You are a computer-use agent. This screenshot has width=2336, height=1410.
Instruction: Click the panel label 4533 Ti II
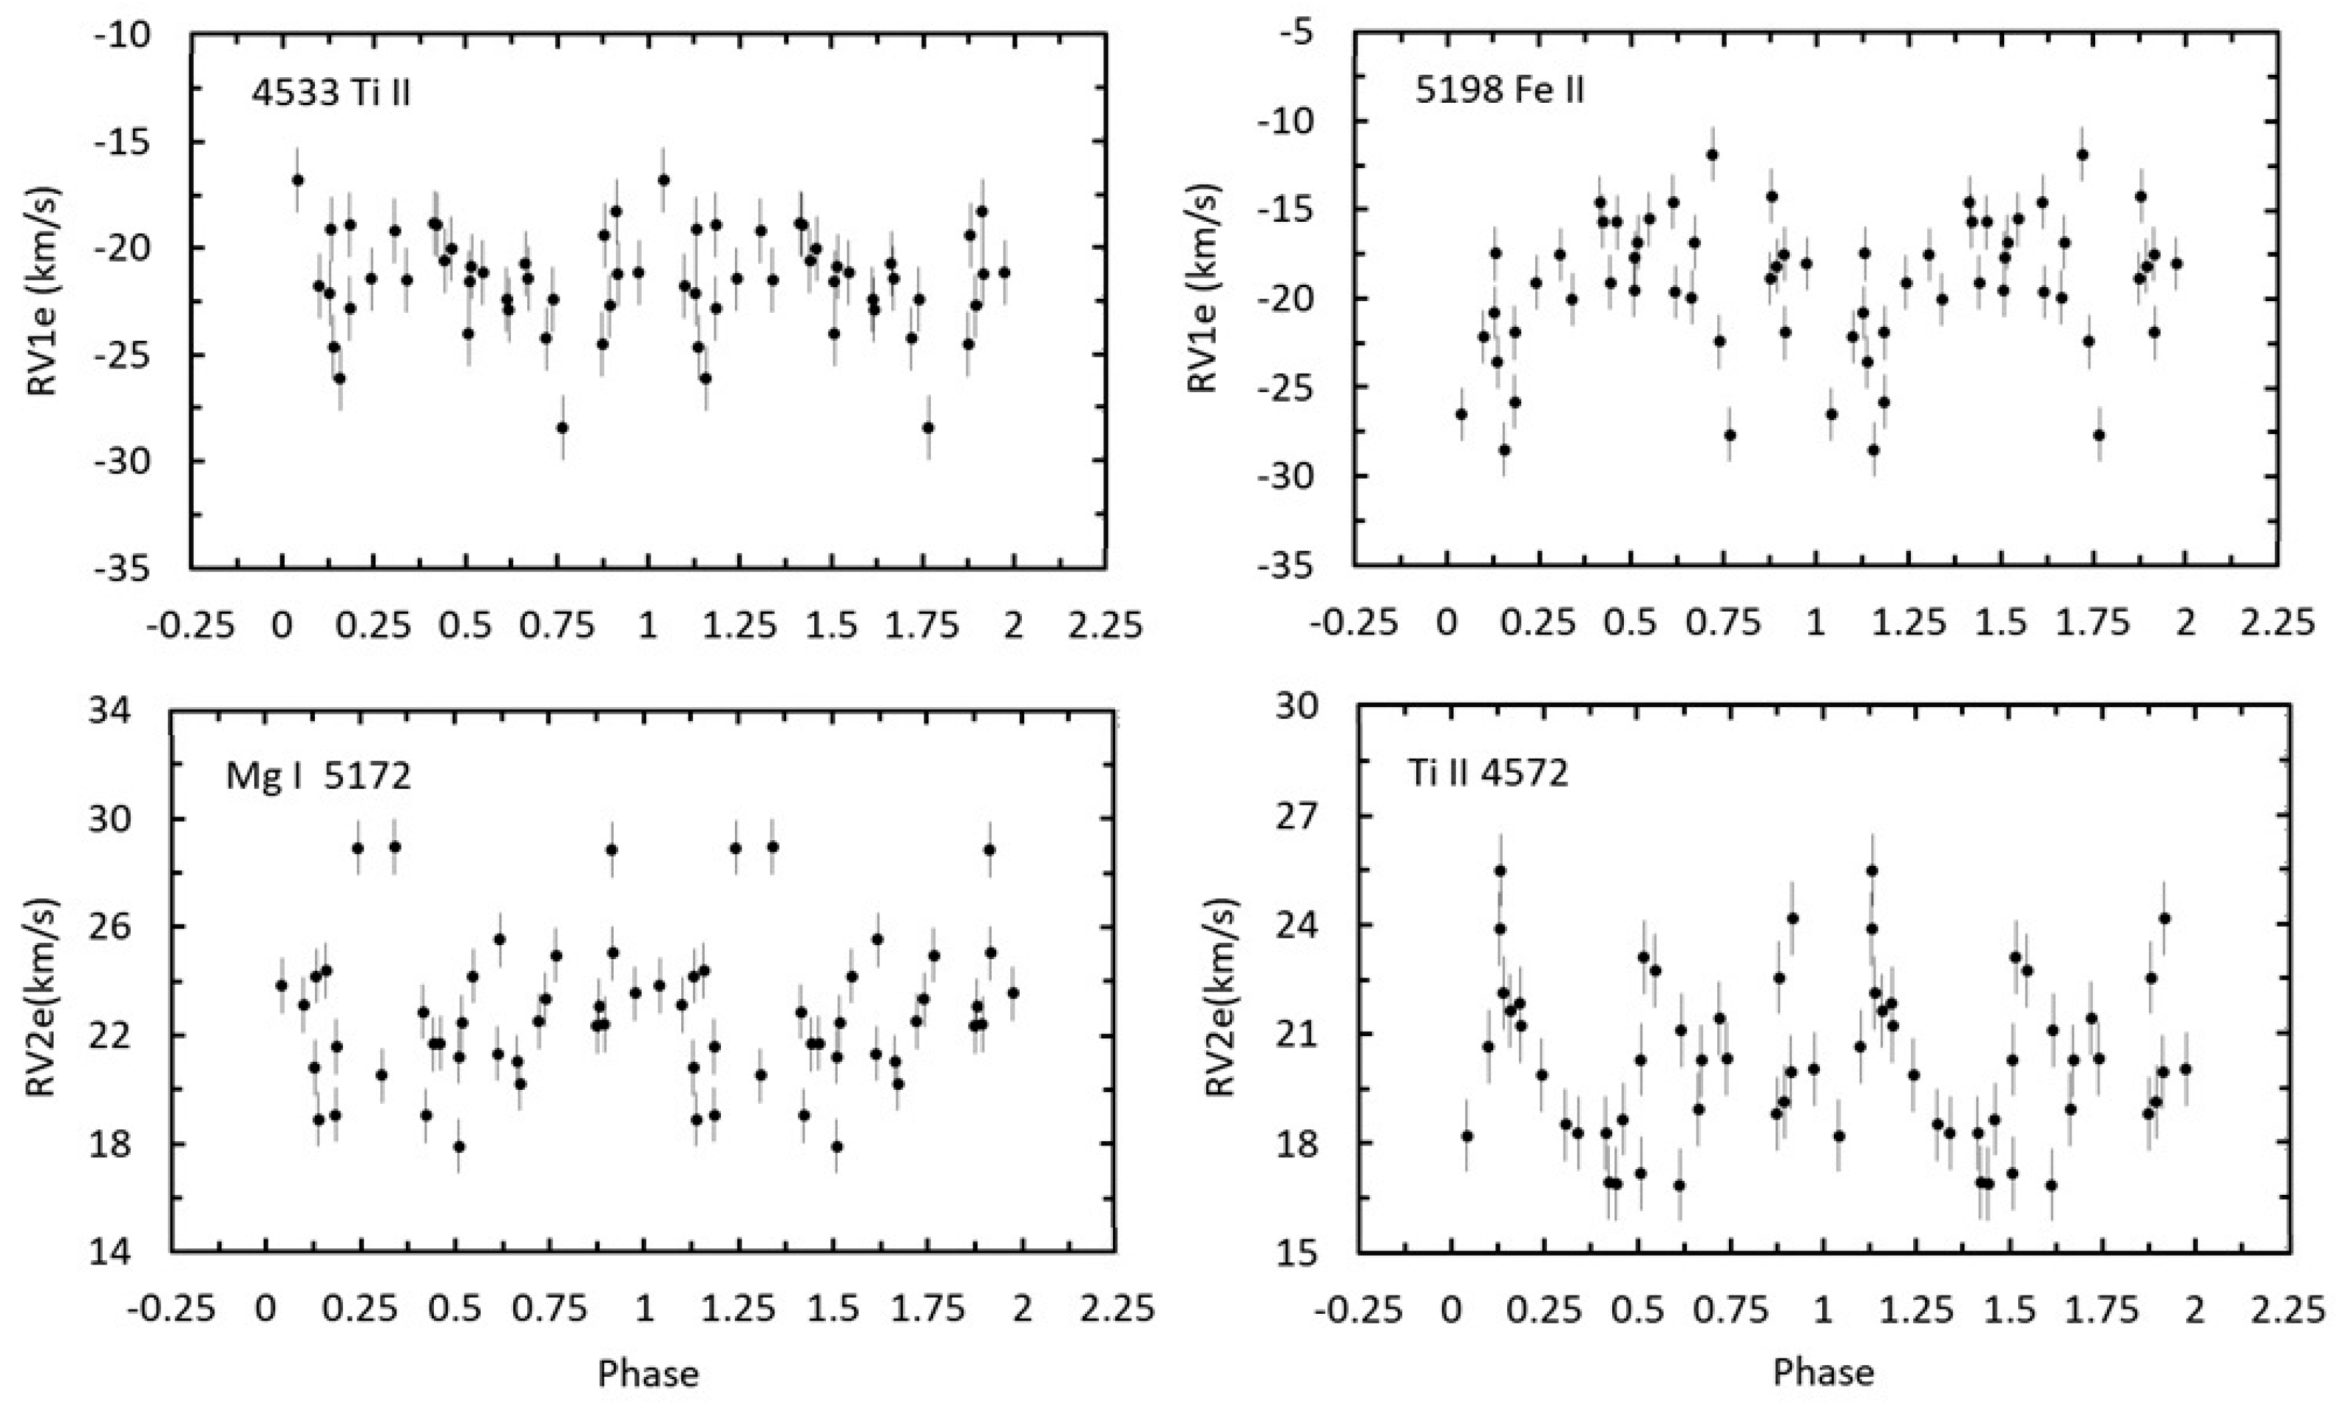pos(331,94)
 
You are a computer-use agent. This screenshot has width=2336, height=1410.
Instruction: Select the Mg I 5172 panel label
pos(319,775)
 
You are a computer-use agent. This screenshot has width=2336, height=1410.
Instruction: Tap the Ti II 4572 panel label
pos(1487,774)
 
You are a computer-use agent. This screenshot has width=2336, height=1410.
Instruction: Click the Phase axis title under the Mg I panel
pos(648,1374)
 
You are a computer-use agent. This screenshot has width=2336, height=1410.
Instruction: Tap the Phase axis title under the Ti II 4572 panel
pos(1822,1372)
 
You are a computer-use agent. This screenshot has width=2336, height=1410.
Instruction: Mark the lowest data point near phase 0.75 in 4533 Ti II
pos(562,427)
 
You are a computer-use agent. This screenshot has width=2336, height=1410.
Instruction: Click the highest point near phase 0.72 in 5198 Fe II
pos(1712,154)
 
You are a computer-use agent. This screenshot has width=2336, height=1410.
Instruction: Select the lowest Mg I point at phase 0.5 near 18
pos(459,1146)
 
